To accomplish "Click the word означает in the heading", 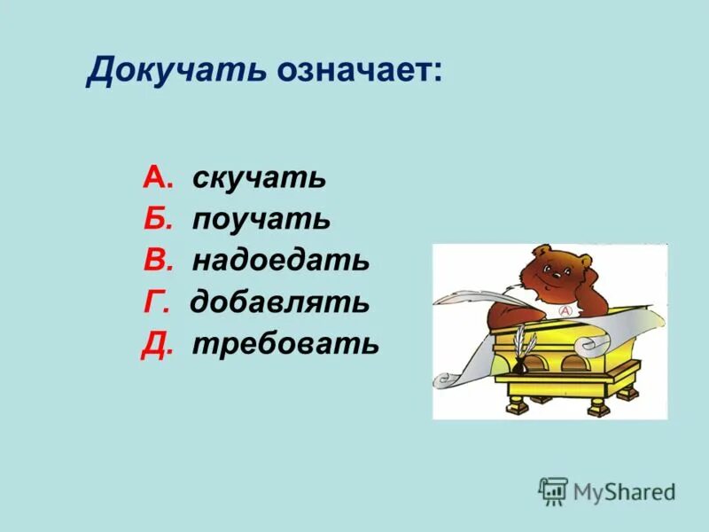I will point(357,71).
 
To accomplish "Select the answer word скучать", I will point(259,178).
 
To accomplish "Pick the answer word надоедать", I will point(280,261).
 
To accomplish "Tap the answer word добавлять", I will point(279,302).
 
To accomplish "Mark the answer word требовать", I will point(285,343).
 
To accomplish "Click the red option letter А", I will point(154,178).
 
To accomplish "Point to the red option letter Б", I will point(154,219).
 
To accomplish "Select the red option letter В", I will point(154,261).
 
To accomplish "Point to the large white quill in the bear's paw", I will point(470,297).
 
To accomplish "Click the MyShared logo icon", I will point(553,490).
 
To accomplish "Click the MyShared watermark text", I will point(624,491).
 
